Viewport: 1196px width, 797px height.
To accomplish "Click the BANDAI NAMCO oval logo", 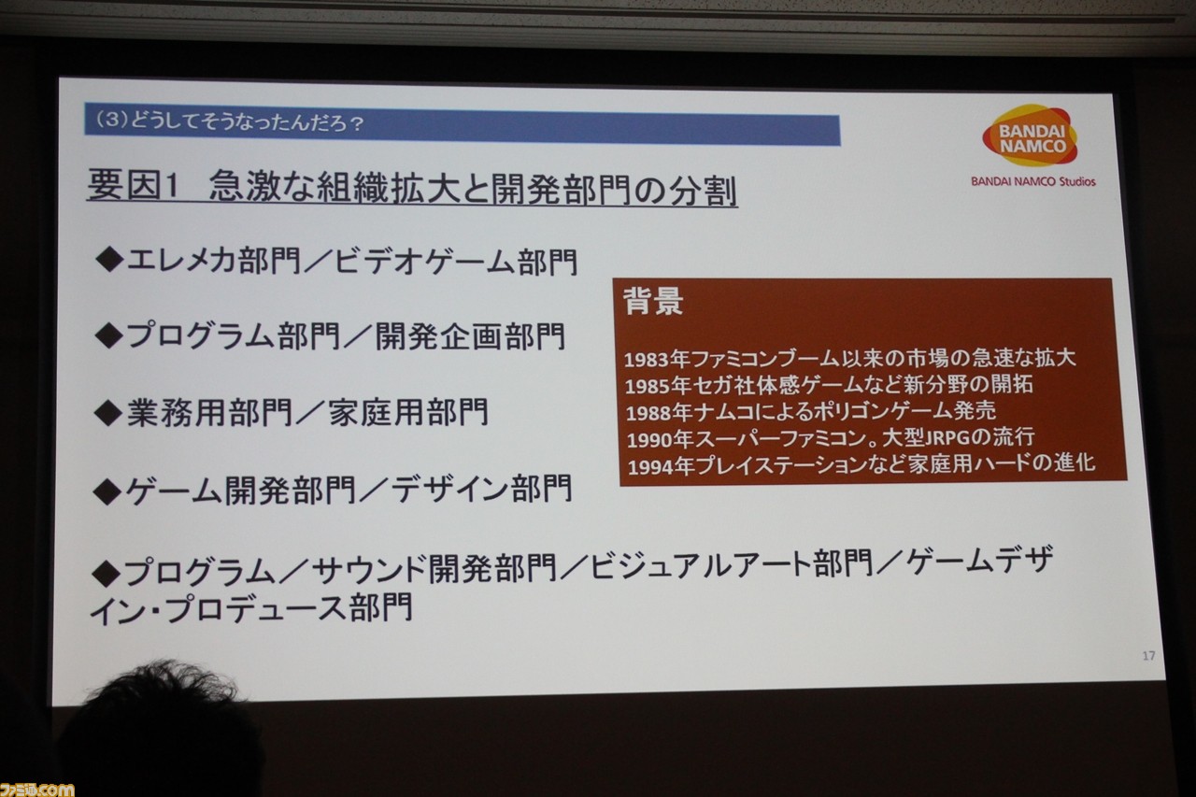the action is click(x=1029, y=135).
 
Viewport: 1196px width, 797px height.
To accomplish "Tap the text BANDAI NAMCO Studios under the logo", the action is click(x=1033, y=181).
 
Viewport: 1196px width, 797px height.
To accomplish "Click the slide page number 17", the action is click(x=1149, y=656).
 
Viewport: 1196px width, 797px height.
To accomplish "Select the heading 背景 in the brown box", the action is click(x=653, y=301).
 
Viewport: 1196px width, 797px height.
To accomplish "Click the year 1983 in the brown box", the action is click(x=648, y=361).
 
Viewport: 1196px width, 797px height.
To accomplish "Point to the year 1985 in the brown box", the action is click(x=648, y=387).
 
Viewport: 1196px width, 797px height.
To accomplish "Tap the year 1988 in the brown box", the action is click(x=648, y=413).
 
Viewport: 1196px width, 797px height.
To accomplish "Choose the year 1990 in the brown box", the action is click(x=649, y=440).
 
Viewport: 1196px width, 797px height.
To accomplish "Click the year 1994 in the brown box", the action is click(x=651, y=467).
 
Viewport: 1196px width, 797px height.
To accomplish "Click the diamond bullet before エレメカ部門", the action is click(x=109, y=260).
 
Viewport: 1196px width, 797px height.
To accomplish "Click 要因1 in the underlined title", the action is click(x=133, y=185).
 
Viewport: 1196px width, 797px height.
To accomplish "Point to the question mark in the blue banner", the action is click(x=357, y=124).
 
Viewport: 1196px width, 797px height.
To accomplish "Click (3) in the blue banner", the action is click(x=112, y=121).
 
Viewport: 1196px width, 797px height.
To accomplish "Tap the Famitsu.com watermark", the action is click(x=36, y=789).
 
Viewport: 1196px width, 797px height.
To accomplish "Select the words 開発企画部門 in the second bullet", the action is click(x=470, y=337).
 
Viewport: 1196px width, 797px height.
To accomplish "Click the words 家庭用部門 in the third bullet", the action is click(x=408, y=412).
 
